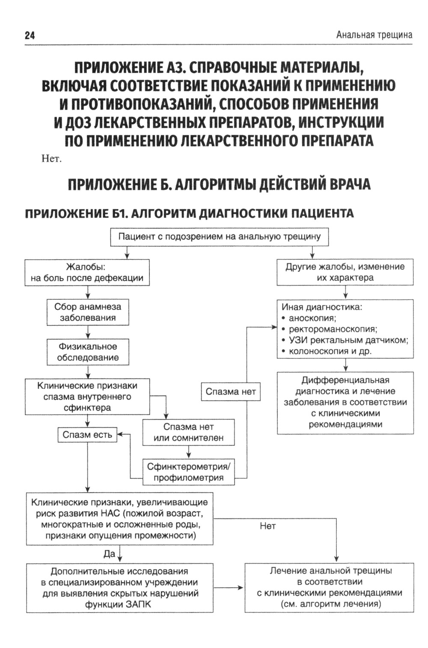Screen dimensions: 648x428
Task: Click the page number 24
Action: click(30, 36)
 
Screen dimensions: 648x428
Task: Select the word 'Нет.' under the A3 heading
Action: click(52, 159)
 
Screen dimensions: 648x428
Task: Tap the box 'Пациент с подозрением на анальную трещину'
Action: click(219, 237)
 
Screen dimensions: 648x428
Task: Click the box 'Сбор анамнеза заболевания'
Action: click(88, 312)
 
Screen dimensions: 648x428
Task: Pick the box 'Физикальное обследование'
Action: click(88, 352)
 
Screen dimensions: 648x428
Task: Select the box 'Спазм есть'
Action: click(87, 435)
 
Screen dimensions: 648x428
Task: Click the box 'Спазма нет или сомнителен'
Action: click(188, 432)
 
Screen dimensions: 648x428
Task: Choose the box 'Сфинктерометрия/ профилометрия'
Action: click(188, 472)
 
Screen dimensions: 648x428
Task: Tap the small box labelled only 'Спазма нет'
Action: click(231, 391)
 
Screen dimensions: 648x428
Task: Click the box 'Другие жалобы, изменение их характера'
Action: click(345, 272)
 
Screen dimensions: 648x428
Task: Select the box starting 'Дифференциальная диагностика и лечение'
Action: click(345, 402)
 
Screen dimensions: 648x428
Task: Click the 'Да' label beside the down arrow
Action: click(110, 554)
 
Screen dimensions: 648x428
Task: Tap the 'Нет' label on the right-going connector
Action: click(267, 526)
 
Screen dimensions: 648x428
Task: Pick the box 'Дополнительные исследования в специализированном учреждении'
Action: click(120, 588)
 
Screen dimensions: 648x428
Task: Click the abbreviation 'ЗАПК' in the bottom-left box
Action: click(139, 604)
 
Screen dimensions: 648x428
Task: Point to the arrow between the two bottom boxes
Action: click(229, 588)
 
